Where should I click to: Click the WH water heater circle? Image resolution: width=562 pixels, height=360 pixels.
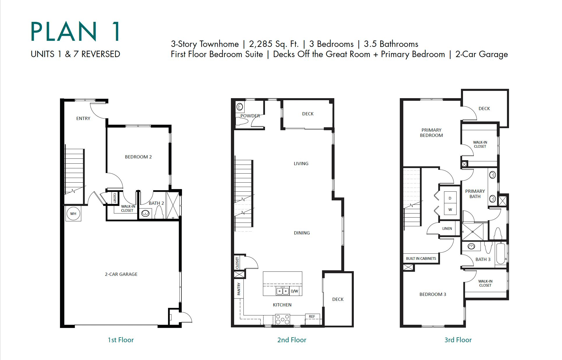click(x=73, y=213)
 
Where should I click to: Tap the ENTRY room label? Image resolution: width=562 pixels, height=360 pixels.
click(x=83, y=118)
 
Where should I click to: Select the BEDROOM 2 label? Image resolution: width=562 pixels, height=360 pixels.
click(x=138, y=157)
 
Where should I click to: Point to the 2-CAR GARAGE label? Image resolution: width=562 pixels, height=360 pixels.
click(x=121, y=274)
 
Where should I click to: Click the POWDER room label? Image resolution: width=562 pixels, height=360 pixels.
click(x=250, y=116)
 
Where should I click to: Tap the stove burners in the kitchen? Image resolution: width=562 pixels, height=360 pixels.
click(x=283, y=319)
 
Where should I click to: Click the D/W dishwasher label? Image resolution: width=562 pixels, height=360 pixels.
click(x=294, y=291)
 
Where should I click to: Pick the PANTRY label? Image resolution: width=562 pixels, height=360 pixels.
click(x=239, y=289)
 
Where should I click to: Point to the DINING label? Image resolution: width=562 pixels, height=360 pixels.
click(x=302, y=233)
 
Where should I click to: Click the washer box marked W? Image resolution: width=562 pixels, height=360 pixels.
click(x=450, y=209)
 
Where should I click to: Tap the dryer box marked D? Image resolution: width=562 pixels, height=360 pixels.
click(x=450, y=198)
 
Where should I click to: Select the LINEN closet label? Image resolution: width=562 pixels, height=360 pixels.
click(x=447, y=229)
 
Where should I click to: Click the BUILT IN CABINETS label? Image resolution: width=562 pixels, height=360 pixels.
click(x=421, y=258)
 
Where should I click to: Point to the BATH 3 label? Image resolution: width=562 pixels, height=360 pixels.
click(x=483, y=259)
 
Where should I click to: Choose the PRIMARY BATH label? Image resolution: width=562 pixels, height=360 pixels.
click(x=475, y=194)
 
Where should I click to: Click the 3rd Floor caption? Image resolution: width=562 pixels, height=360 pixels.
click(x=458, y=340)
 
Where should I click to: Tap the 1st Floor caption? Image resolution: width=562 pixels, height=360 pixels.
click(x=121, y=340)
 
